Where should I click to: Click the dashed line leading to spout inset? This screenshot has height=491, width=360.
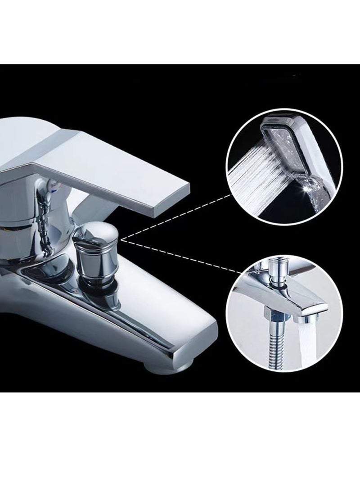[x=180, y=257]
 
